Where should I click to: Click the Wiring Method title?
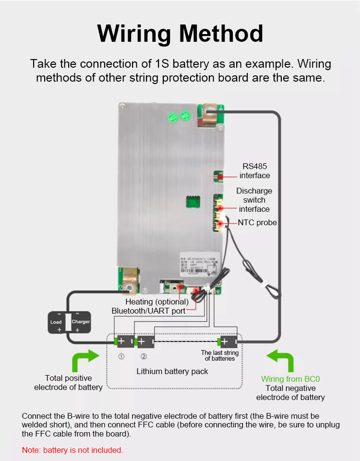pos(180,34)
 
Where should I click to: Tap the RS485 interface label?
pos(254,171)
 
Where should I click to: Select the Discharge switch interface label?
pos(254,200)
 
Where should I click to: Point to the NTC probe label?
pos(258,223)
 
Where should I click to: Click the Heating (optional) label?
pos(157,302)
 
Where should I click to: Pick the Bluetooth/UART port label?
pos(148,311)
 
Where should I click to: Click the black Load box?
pos(56,322)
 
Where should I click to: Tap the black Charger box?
pos(81,322)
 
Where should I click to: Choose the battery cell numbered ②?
pos(144,342)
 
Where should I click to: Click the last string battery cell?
pos(227,341)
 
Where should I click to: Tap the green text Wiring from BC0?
pos(290,379)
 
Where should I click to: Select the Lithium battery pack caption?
pos(172,371)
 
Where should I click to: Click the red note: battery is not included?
pos(72,450)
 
